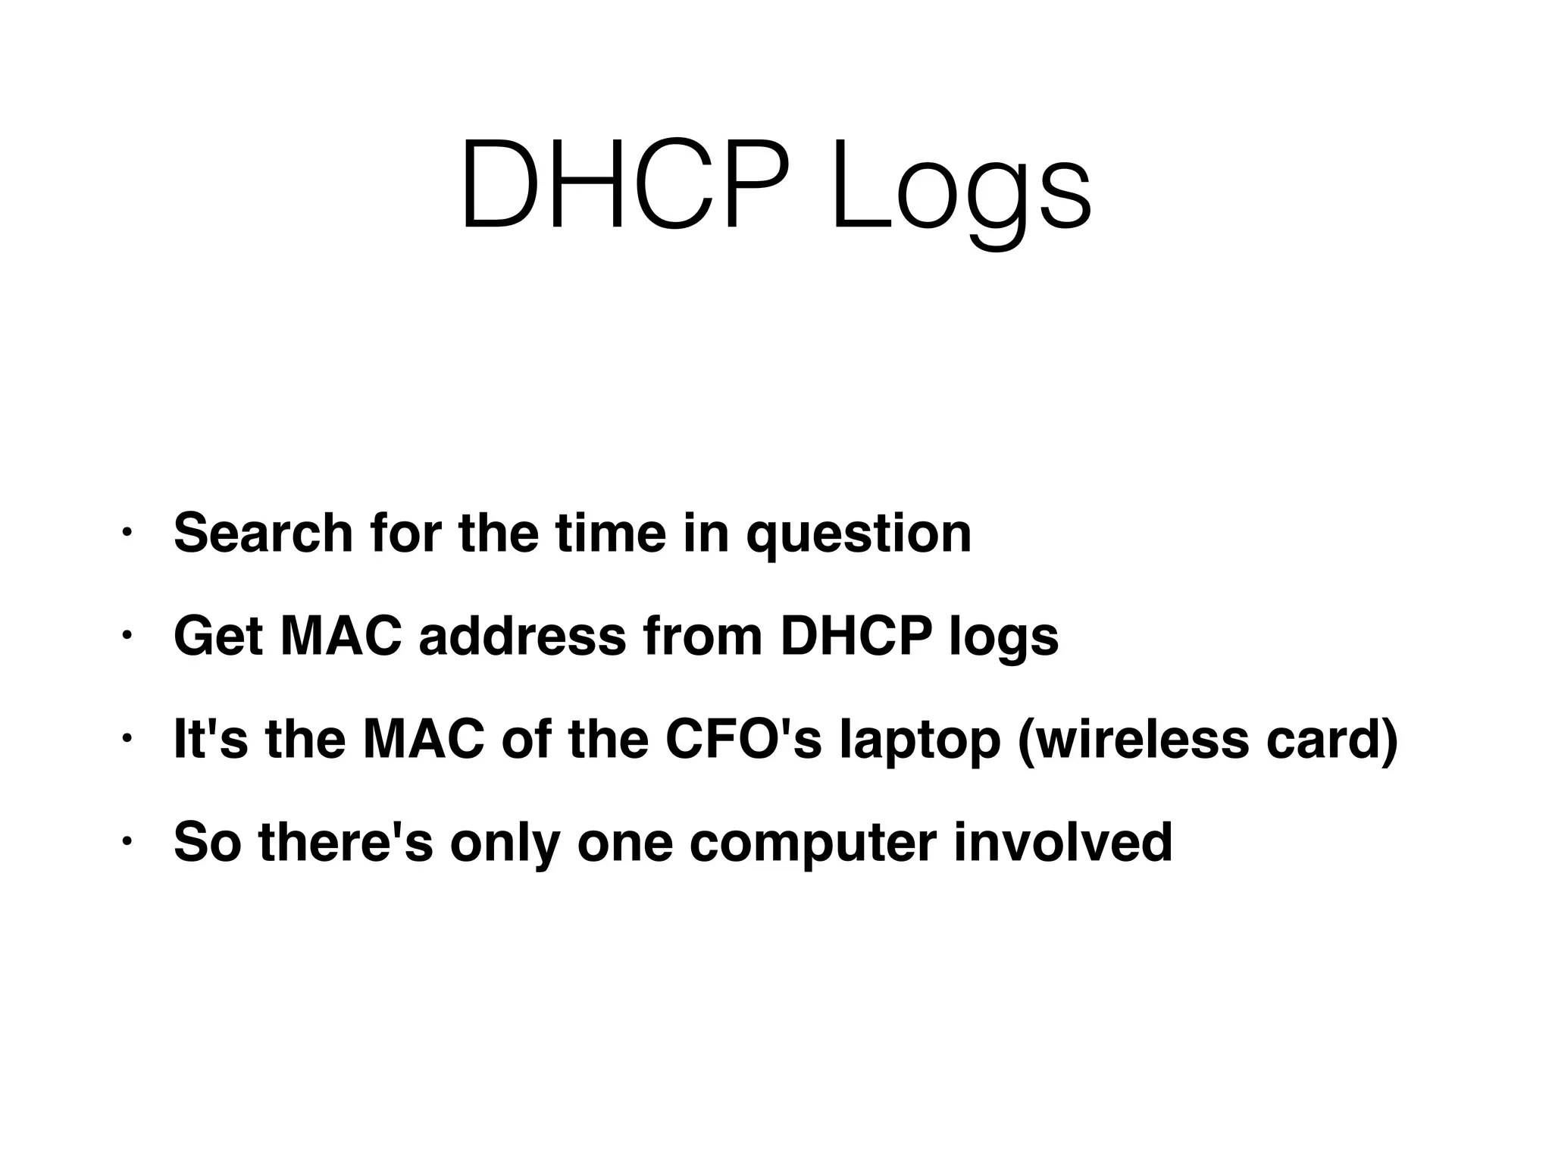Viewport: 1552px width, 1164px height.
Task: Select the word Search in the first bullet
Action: [263, 533]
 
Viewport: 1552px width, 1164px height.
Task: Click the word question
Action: [859, 536]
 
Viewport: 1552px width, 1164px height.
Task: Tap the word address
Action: [523, 637]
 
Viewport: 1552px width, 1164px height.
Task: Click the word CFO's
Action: [743, 740]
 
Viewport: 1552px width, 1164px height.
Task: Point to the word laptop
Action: [920, 743]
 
